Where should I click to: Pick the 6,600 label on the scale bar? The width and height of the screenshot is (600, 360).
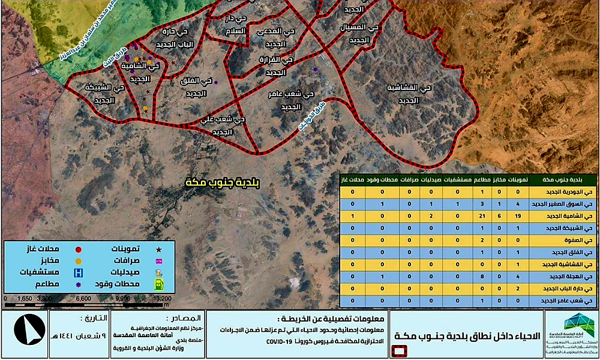pos(83,298)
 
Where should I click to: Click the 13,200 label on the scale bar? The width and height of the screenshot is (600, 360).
pos(163,298)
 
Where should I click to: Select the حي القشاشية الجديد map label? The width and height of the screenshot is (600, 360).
pos(409,94)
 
